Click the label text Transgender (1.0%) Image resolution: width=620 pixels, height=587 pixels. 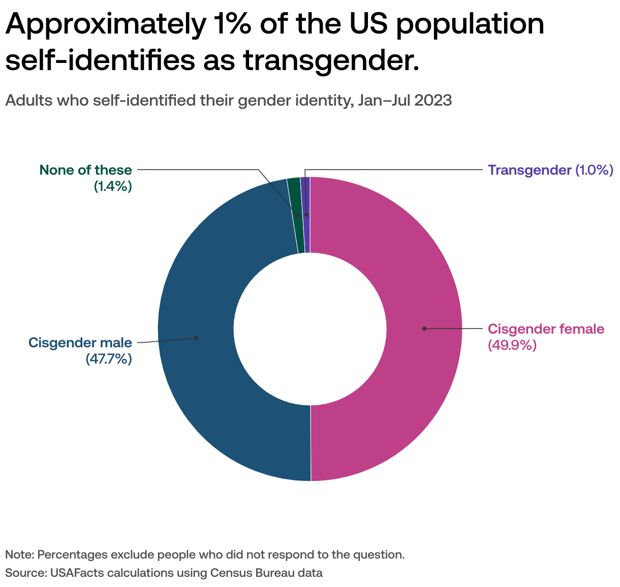click(550, 170)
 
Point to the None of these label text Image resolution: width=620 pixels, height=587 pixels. click(85, 170)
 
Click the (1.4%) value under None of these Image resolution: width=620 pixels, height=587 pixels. click(112, 186)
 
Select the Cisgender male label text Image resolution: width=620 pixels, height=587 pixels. click(80, 343)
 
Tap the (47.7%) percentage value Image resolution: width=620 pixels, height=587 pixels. click(108, 359)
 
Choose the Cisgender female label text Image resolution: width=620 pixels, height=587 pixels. click(546, 329)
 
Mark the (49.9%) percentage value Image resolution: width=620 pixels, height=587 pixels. click(512, 345)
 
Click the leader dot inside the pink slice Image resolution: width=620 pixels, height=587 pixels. click(424, 329)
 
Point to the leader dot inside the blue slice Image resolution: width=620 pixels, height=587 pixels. click(196, 338)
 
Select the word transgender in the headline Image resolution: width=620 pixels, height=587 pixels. click(330, 60)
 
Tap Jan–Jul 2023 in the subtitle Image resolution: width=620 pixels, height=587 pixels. click(405, 100)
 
